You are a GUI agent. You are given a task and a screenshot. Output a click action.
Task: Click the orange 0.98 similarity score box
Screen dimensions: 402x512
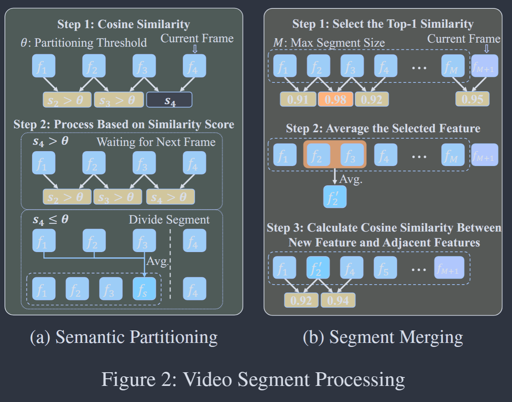click(335, 99)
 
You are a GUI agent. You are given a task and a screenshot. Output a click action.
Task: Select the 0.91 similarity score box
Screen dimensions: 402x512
click(298, 99)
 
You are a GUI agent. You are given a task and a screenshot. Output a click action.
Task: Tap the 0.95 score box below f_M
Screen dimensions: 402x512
click(472, 99)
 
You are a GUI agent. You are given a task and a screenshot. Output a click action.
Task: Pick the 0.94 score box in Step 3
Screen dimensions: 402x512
click(338, 300)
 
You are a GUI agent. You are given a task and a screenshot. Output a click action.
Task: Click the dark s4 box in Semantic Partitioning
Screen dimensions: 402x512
click(169, 100)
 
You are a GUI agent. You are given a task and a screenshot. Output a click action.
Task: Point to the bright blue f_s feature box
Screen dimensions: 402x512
click(144, 289)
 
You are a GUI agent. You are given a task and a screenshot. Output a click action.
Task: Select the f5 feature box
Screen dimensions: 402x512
click(385, 268)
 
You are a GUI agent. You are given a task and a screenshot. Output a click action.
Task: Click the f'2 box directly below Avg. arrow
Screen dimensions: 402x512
click(335, 197)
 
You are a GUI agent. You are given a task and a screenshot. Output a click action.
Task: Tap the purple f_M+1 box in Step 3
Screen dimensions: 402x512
click(449, 268)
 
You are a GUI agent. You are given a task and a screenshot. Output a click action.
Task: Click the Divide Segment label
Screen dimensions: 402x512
click(169, 219)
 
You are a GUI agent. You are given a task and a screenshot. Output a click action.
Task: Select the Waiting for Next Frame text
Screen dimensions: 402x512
click(156, 142)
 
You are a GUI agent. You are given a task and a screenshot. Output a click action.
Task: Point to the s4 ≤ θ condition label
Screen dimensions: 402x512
click(51, 219)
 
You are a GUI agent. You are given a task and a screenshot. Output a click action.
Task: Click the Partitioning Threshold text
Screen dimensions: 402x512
click(90, 43)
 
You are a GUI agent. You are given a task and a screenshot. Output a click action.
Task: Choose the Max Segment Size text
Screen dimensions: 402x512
click(337, 43)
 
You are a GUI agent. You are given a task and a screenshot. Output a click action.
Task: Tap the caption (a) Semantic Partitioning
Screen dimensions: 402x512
click(124, 337)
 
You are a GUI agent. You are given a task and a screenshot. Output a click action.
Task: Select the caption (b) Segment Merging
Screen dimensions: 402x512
click(383, 337)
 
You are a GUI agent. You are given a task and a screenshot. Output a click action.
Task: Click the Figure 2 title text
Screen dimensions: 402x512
click(253, 379)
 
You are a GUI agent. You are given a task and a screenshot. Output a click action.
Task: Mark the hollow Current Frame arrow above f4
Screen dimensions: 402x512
click(195, 49)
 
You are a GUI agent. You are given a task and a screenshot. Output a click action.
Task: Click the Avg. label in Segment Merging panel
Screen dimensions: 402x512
click(351, 179)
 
